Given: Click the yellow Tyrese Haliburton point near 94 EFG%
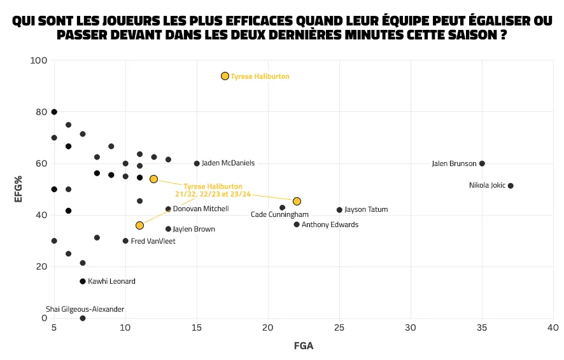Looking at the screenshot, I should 225,76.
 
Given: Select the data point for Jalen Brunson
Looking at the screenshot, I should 482,163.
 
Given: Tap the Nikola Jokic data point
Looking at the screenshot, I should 511,186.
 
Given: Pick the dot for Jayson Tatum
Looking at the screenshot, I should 339,210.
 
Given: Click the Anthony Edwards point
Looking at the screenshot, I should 297,225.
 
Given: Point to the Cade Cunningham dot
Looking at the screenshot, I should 283,207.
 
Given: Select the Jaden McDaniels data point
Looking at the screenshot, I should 197,163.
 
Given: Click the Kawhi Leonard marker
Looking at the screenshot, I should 83,281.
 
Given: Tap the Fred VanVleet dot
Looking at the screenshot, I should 125,241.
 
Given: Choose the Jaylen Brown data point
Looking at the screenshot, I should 168,229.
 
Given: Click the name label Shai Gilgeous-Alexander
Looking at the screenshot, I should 85,309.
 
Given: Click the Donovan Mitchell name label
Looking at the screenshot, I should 201,209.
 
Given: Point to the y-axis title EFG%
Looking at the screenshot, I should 19,190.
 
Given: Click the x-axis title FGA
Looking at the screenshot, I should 303,346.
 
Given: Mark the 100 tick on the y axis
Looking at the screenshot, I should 39,60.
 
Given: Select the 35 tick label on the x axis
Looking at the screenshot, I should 482,328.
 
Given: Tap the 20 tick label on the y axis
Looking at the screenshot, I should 41,267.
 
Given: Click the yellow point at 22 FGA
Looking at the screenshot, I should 297,201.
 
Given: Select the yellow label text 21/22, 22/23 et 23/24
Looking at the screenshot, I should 213,193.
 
